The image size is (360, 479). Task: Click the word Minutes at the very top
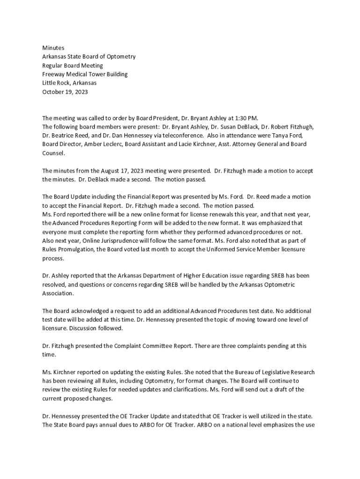53,48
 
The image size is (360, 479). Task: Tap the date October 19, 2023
65,92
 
